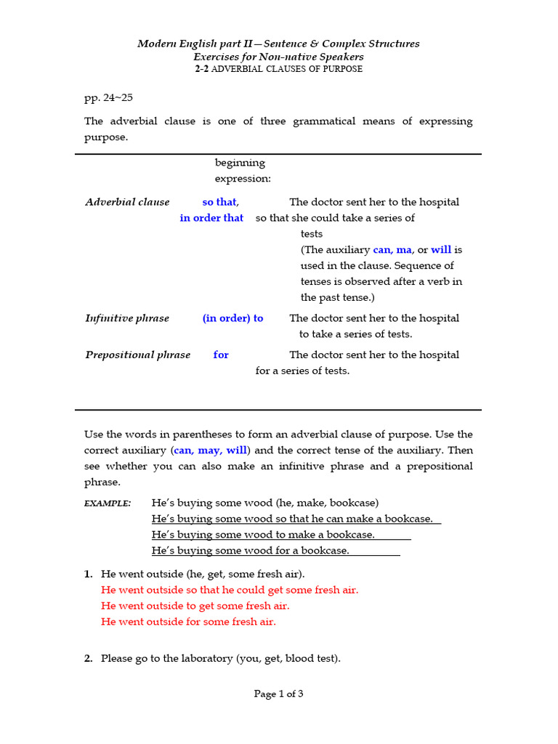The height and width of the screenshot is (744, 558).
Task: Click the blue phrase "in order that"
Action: point(211,218)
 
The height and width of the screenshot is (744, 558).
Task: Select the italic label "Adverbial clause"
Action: point(127,202)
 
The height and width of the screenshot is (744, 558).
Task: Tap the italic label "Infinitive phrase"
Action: point(127,318)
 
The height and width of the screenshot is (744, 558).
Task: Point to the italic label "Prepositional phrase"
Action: point(137,355)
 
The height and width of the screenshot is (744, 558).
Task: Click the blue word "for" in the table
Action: point(221,355)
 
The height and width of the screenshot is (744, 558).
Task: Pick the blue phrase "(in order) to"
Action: point(232,318)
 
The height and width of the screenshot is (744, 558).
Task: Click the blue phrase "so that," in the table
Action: point(220,202)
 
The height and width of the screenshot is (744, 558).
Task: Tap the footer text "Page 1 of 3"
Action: point(278,694)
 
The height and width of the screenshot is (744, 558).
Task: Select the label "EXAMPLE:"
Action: point(108,504)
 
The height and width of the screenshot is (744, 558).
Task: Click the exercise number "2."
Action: point(89,659)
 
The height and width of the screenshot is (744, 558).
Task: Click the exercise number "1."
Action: point(89,574)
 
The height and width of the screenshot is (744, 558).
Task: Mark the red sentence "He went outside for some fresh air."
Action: point(188,622)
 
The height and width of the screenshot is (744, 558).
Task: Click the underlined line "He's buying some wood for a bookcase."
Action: point(250,551)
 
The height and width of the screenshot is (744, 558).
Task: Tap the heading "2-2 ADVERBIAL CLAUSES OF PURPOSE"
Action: point(278,69)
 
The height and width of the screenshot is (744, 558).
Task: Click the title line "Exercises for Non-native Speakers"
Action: point(278,57)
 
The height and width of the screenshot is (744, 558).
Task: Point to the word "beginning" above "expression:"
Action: point(240,163)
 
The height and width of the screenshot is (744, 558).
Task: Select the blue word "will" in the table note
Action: point(441,250)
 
